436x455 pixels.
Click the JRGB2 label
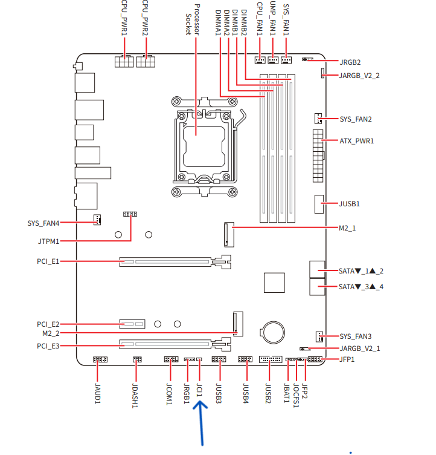click(350, 62)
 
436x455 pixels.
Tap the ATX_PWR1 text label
click(357, 141)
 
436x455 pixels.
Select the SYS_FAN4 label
click(43, 223)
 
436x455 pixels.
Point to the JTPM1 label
click(49, 241)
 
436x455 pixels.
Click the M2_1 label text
click(347, 228)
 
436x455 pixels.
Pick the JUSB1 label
click(350, 204)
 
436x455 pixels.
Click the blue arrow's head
click(200, 405)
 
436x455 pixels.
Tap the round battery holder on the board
click(273, 332)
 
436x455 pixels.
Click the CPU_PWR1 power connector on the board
click(124, 61)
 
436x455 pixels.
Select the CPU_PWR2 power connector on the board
click(146, 61)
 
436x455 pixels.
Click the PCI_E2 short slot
click(132, 324)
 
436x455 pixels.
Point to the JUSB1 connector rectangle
click(319, 205)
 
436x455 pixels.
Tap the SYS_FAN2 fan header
click(318, 119)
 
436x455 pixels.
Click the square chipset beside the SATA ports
click(274, 283)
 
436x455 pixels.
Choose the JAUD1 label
click(98, 393)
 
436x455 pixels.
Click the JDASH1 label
click(135, 396)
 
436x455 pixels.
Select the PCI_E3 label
click(48, 346)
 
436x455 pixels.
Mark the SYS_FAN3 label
click(356, 336)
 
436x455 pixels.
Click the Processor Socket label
click(193, 20)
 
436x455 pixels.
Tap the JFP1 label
click(347, 359)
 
